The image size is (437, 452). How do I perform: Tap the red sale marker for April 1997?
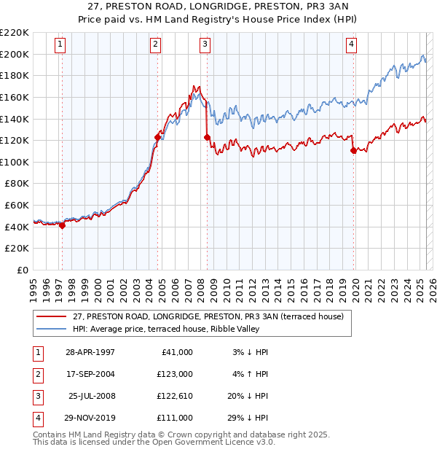click(62, 225)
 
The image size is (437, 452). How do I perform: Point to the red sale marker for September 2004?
click(157, 136)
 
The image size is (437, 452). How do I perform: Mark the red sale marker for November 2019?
click(353, 150)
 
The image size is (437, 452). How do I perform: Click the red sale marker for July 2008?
click(207, 137)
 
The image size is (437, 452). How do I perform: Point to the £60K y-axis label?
click(17, 206)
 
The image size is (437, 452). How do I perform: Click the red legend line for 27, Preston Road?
click(52, 316)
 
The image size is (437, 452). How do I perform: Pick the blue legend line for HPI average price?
click(52, 329)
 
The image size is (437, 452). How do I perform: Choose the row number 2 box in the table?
click(37, 374)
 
